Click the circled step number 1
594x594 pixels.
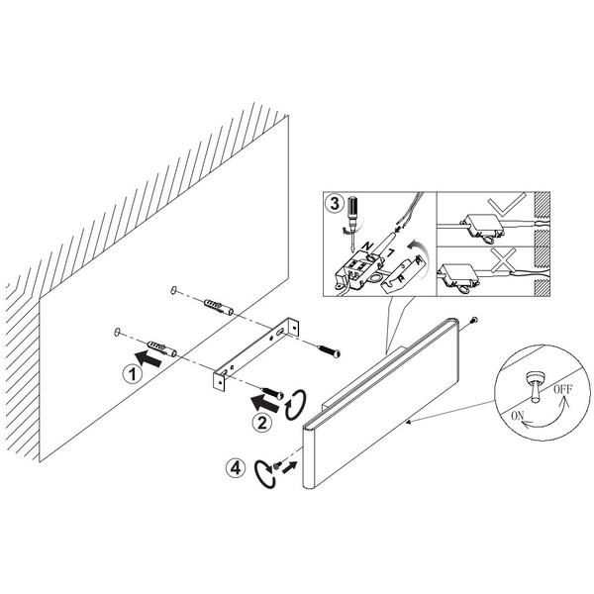tap(133, 374)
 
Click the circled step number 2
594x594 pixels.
tap(262, 422)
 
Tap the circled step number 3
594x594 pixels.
tap(335, 204)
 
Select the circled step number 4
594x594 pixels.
tap(236, 468)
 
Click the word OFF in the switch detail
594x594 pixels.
tap(563, 389)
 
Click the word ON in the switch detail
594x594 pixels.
tap(518, 416)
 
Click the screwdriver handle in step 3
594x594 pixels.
tap(351, 208)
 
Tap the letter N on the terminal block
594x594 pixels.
tap(366, 247)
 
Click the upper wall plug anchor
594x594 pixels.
tap(219, 307)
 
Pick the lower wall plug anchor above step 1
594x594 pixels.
tap(161, 348)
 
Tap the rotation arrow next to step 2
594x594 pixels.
tap(295, 404)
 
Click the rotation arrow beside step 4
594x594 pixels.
tap(264, 473)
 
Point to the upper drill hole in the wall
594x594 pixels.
tap(173, 290)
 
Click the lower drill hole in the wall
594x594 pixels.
tap(117, 332)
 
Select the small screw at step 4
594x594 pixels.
tap(277, 465)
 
